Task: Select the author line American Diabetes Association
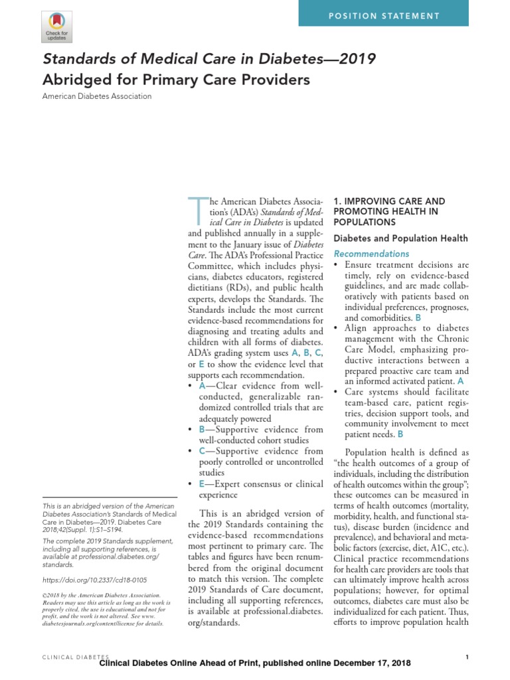point(97,96)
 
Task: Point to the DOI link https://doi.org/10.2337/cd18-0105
point(94,580)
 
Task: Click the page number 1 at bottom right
point(467,657)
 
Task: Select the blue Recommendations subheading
point(371,254)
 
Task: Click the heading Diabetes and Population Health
point(400,238)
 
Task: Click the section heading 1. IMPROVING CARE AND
point(388,201)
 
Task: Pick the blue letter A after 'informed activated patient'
point(461,382)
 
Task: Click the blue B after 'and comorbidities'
point(418,319)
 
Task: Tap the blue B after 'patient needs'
point(400,434)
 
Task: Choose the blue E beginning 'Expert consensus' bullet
point(201,484)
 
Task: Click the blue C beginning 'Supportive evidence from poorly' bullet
point(201,451)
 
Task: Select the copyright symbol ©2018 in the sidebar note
point(44,598)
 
